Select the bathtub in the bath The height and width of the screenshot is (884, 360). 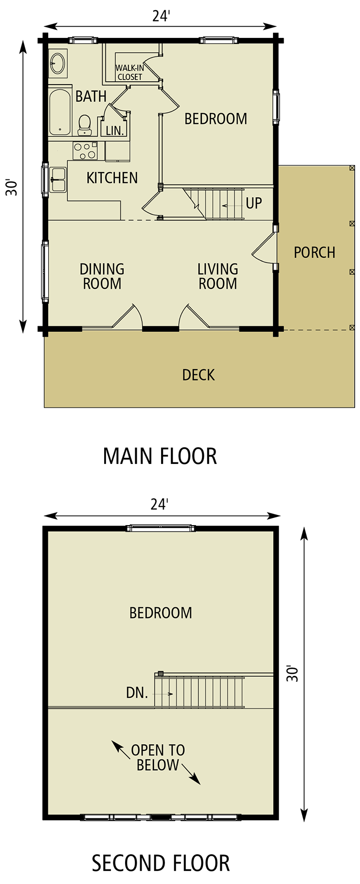tap(60, 111)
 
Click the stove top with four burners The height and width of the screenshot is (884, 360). tap(85, 151)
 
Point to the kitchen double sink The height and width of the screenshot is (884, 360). tap(57, 179)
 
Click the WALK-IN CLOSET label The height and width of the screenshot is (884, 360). tap(130, 72)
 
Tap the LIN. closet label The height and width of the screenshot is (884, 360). tap(115, 130)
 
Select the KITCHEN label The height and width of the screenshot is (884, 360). tap(112, 178)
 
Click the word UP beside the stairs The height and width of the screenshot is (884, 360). tap(254, 203)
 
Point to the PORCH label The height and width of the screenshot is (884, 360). tap(315, 252)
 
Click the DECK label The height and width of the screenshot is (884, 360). tap(198, 374)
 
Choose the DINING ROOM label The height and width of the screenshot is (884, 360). tap(102, 276)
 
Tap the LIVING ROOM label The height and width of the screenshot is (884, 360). tap(218, 276)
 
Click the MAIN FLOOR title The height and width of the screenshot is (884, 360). tap(160, 456)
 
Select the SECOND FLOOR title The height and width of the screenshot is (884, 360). tap(161, 863)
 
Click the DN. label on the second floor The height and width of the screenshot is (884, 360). tap(137, 692)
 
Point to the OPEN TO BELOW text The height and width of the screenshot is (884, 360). tap(158, 758)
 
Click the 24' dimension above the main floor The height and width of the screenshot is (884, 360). tap(161, 16)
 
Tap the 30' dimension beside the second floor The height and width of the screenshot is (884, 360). tap(292, 673)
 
